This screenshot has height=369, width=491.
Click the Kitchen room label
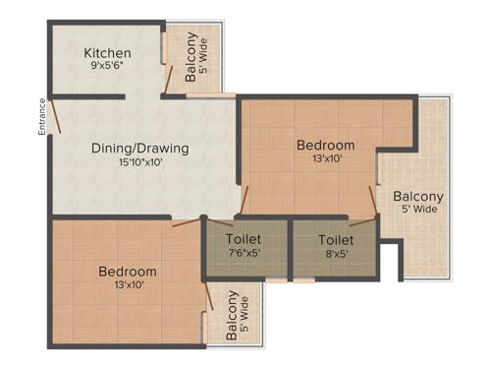(x=108, y=53)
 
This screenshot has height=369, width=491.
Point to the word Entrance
(x=42, y=116)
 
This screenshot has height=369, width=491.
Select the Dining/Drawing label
(x=139, y=149)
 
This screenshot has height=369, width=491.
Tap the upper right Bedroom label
(x=325, y=146)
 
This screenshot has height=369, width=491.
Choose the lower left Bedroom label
(x=128, y=271)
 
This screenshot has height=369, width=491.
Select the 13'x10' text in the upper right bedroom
(x=325, y=160)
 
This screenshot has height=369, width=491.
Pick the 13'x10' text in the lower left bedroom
(x=128, y=285)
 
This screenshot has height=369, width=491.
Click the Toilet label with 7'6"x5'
(x=243, y=238)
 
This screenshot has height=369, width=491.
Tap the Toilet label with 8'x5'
(x=336, y=238)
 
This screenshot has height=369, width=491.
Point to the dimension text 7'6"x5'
(x=243, y=254)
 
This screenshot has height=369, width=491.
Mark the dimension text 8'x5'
(x=336, y=254)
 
